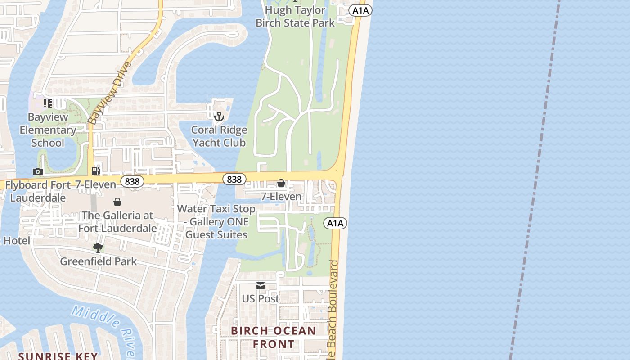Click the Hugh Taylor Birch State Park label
click(295, 16)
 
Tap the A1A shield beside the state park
click(360, 10)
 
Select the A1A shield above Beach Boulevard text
click(335, 223)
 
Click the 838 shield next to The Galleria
click(132, 181)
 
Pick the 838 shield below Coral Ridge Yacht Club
click(234, 179)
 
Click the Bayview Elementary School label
click(48, 130)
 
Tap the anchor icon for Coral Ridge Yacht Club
click(219, 117)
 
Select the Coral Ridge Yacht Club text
click(219, 136)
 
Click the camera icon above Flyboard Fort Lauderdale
click(38, 171)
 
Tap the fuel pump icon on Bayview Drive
click(95, 171)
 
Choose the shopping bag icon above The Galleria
click(117, 202)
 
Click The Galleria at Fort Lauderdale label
click(117, 222)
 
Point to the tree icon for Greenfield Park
click(98, 247)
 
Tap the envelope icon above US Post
click(261, 286)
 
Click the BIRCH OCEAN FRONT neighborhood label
click(274, 337)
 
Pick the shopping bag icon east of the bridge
click(281, 183)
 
